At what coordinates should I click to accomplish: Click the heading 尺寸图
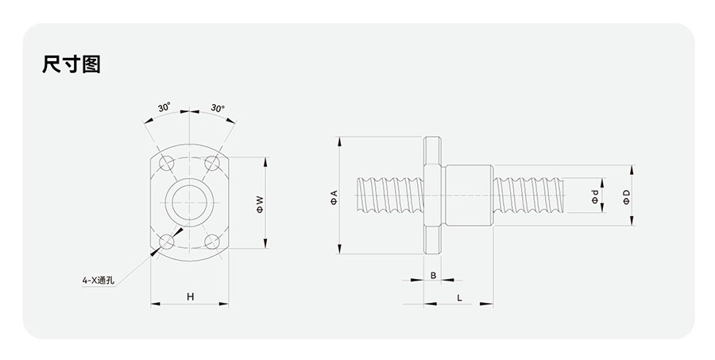pyautogui.click(x=71, y=64)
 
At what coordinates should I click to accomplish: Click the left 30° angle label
pyautogui.click(x=164, y=107)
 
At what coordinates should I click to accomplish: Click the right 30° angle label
pyautogui.click(x=218, y=108)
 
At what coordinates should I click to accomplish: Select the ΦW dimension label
pyautogui.click(x=260, y=204)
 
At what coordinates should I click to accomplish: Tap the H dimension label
pyautogui.click(x=190, y=296)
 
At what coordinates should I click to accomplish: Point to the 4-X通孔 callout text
pyautogui.click(x=99, y=281)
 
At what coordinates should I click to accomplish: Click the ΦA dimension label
pyautogui.click(x=334, y=196)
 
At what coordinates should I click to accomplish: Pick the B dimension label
pyautogui.click(x=433, y=275)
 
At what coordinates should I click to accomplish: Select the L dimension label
pyautogui.click(x=460, y=298)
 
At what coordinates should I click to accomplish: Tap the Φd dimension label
pyautogui.click(x=595, y=196)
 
